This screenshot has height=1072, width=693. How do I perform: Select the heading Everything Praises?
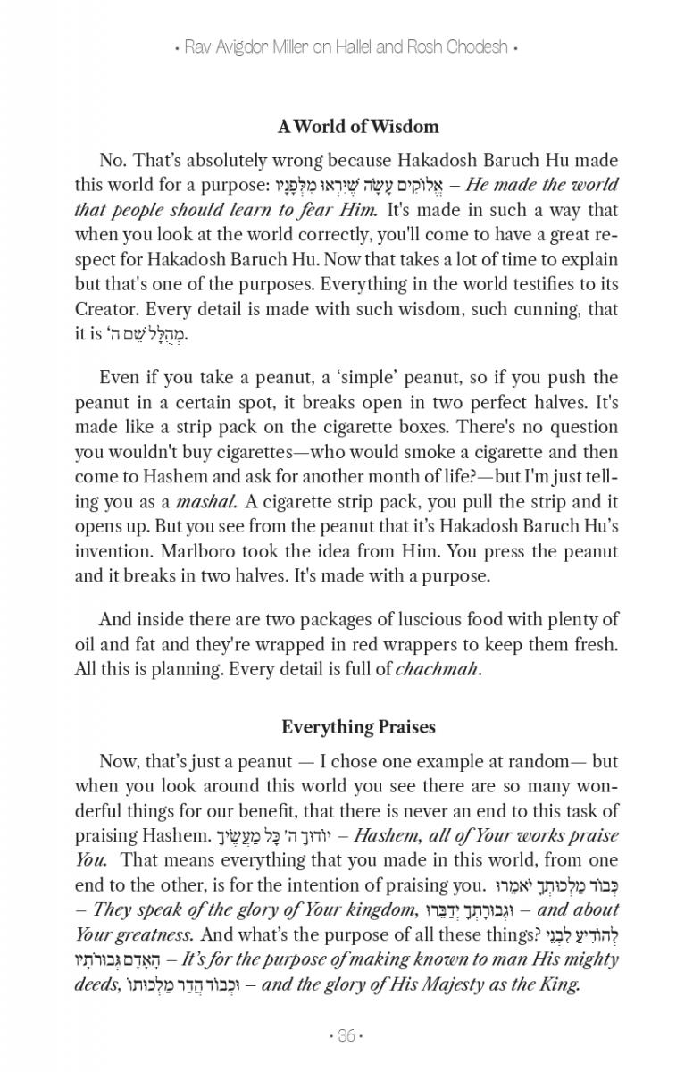click(358, 727)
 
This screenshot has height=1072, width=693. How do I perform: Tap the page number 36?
click(346, 1036)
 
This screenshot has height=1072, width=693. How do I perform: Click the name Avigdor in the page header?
click(229, 47)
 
